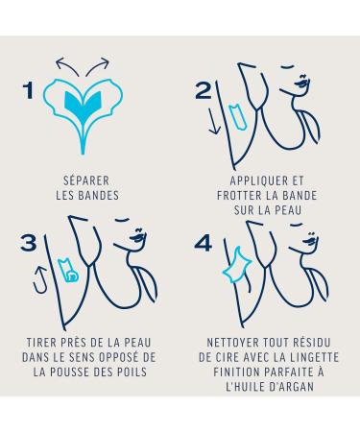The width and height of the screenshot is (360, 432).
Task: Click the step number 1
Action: pyautogui.click(x=29, y=90)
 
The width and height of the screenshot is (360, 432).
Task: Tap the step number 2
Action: pyautogui.click(x=204, y=90)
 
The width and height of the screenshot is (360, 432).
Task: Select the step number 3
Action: pyautogui.click(x=29, y=243)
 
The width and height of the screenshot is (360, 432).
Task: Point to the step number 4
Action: pyautogui.click(x=203, y=243)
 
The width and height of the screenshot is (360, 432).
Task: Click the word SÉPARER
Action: pyautogui.click(x=86, y=180)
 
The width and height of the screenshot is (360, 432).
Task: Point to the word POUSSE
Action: pyautogui.click(x=74, y=372)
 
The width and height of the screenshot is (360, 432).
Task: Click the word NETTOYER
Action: pyautogui.click(x=232, y=343)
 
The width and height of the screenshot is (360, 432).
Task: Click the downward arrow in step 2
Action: pyautogui.click(x=214, y=121)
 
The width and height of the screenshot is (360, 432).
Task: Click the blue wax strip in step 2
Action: pyautogui.click(x=238, y=117)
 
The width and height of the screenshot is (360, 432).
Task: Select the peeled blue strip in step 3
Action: pyautogui.click(x=68, y=271)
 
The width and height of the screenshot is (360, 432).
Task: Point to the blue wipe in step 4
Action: pyautogui.click(x=236, y=265)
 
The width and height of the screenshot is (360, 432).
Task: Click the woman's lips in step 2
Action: pyautogui.click(x=302, y=82)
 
